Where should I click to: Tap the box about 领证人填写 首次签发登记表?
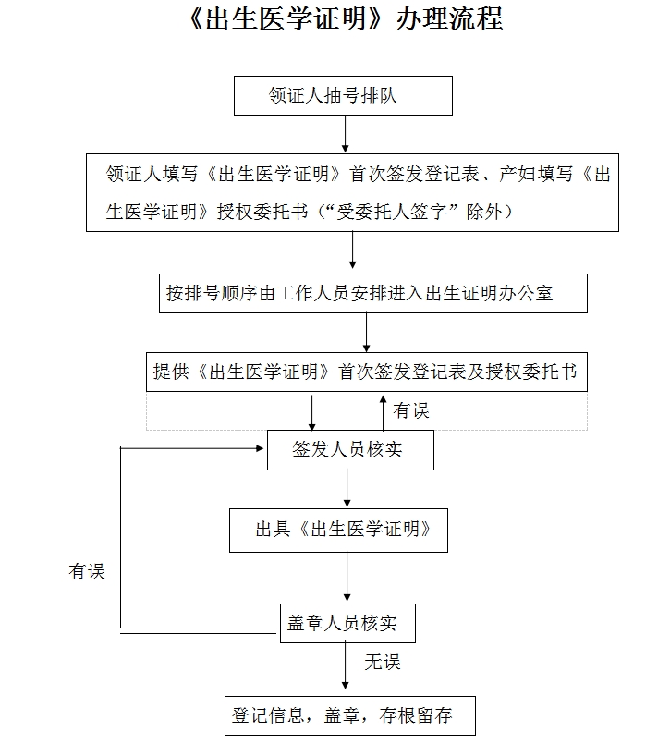(x=352, y=192)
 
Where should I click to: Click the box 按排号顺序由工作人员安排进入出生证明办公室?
(x=372, y=293)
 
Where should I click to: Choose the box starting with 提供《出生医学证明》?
(x=366, y=372)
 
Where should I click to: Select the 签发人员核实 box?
(x=348, y=450)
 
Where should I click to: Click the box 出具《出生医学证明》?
(x=338, y=530)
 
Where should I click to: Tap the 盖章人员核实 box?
(x=347, y=623)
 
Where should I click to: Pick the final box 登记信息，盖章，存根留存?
(x=350, y=715)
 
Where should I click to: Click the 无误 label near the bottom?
(x=382, y=662)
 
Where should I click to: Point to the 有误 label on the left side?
(x=87, y=571)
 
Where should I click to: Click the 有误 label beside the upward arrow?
(x=411, y=409)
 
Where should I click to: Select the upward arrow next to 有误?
(x=383, y=410)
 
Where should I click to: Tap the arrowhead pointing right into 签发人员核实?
(x=259, y=449)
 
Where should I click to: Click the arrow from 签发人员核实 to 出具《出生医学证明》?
(x=347, y=489)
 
